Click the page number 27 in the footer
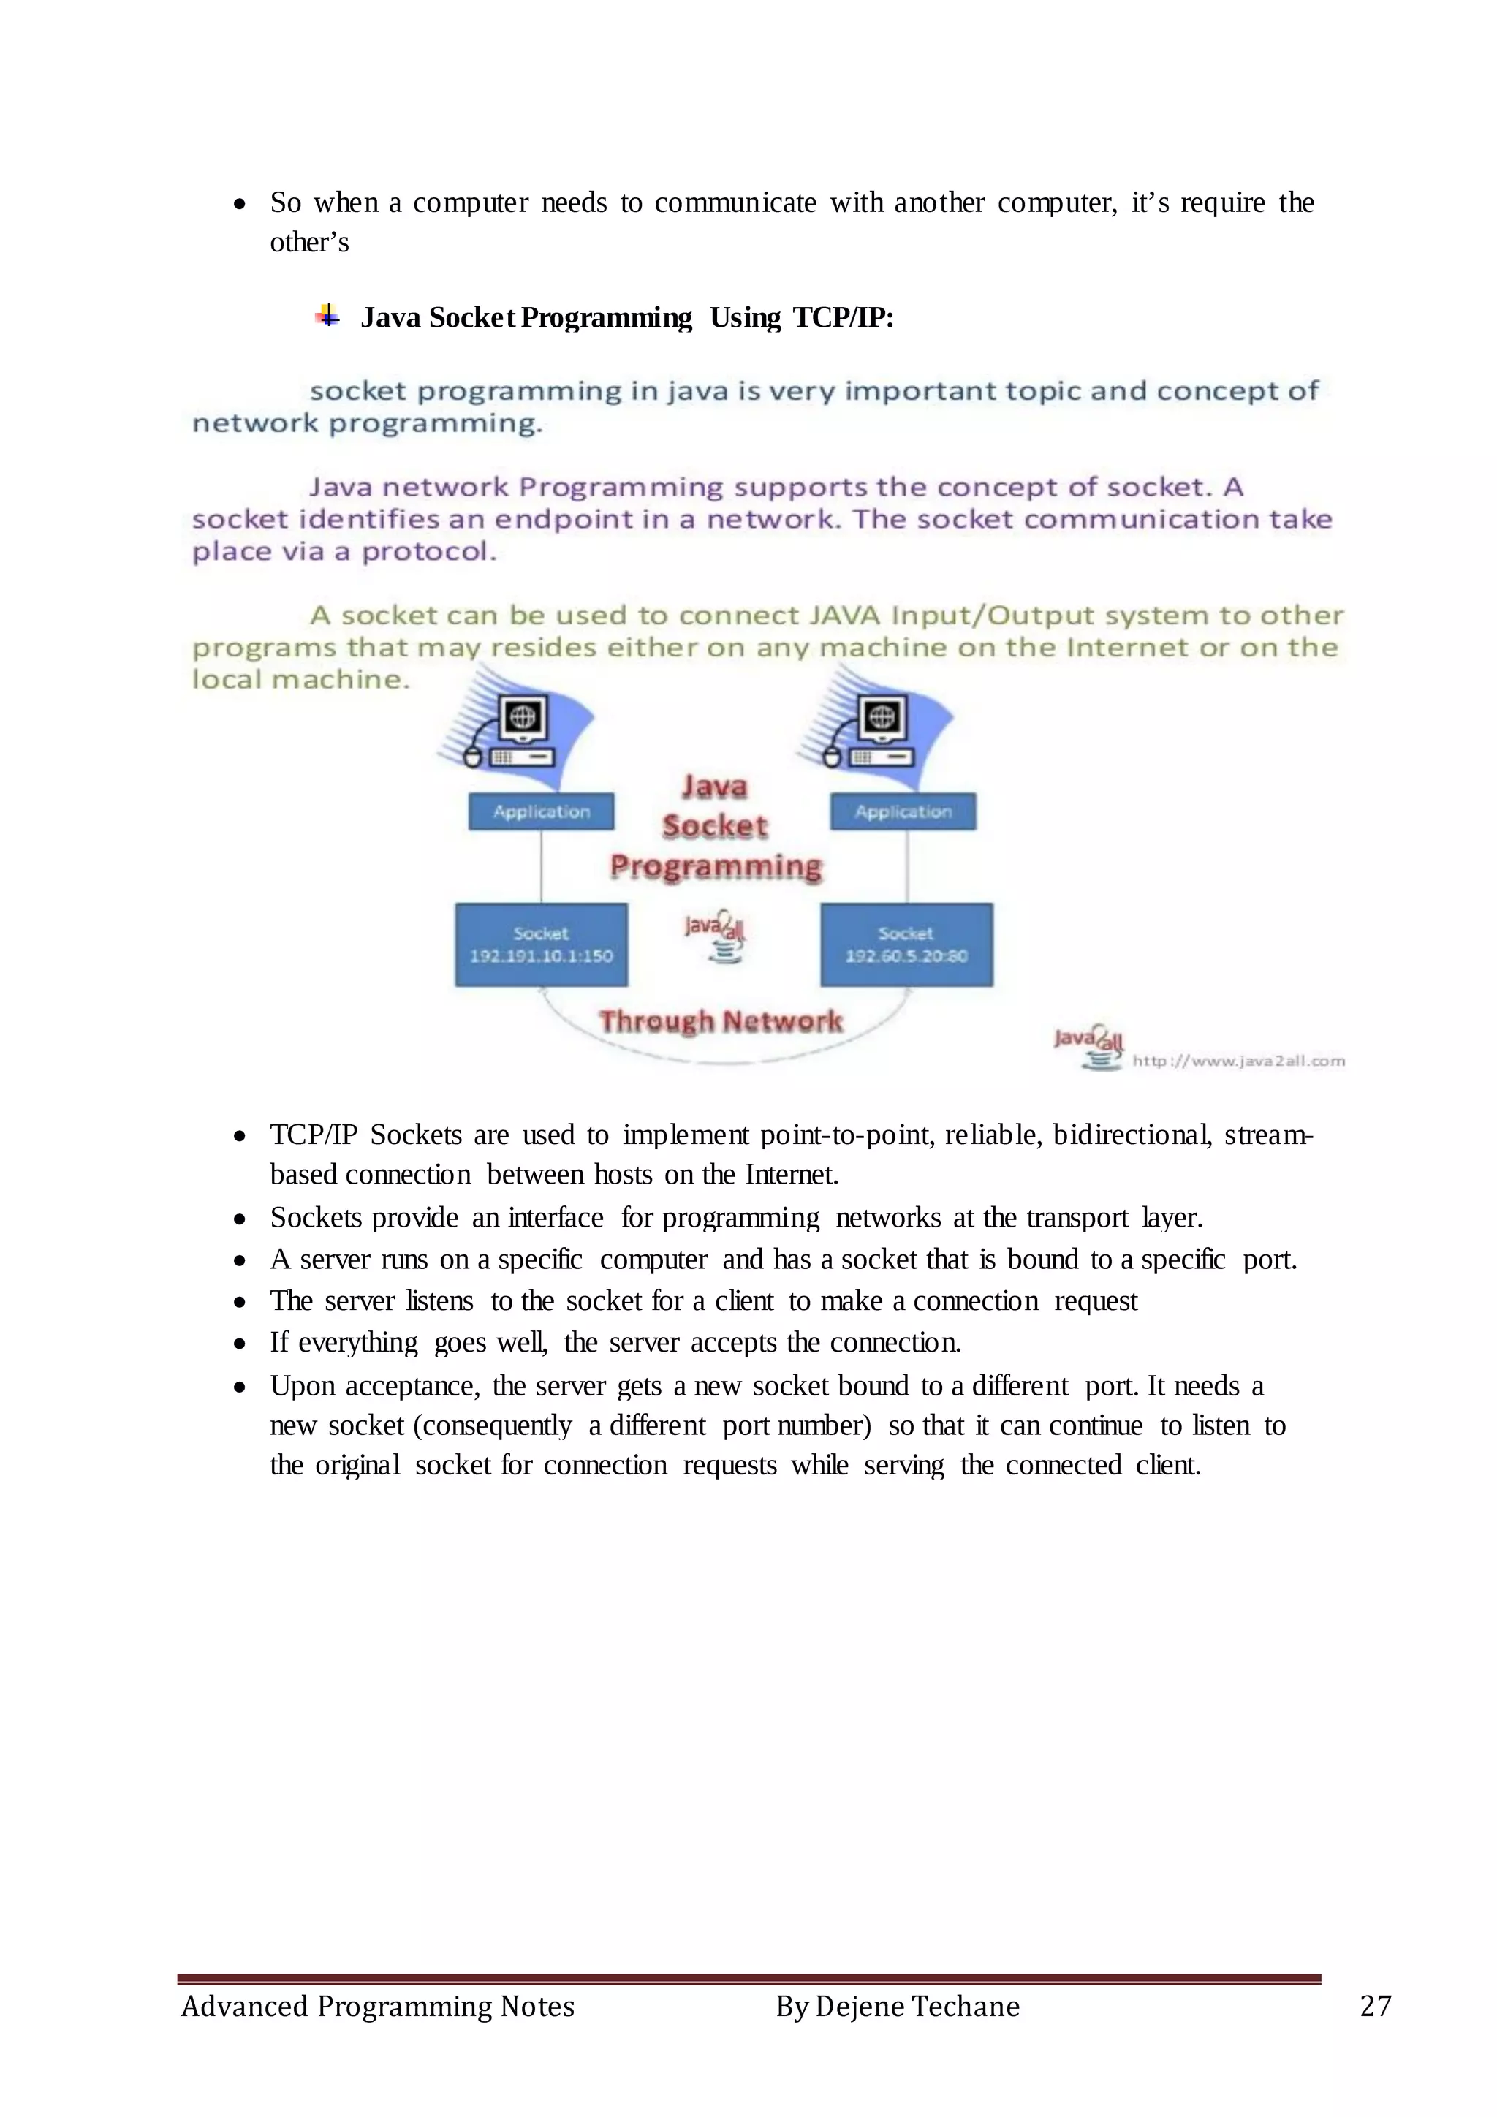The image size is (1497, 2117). (x=1376, y=2005)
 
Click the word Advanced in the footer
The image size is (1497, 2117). (x=244, y=2007)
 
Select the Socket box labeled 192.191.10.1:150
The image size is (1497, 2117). (x=541, y=945)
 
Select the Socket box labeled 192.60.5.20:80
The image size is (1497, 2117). (x=906, y=945)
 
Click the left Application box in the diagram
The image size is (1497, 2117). (x=541, y=811)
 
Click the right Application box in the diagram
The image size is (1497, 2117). (x=903, y=811)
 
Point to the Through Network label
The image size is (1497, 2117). (x=720, y=1020)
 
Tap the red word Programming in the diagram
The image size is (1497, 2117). (x=716, y=866)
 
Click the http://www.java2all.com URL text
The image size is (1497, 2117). (x=1238, y=1061)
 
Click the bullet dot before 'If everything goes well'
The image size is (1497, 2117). (x=240, y=1344)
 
